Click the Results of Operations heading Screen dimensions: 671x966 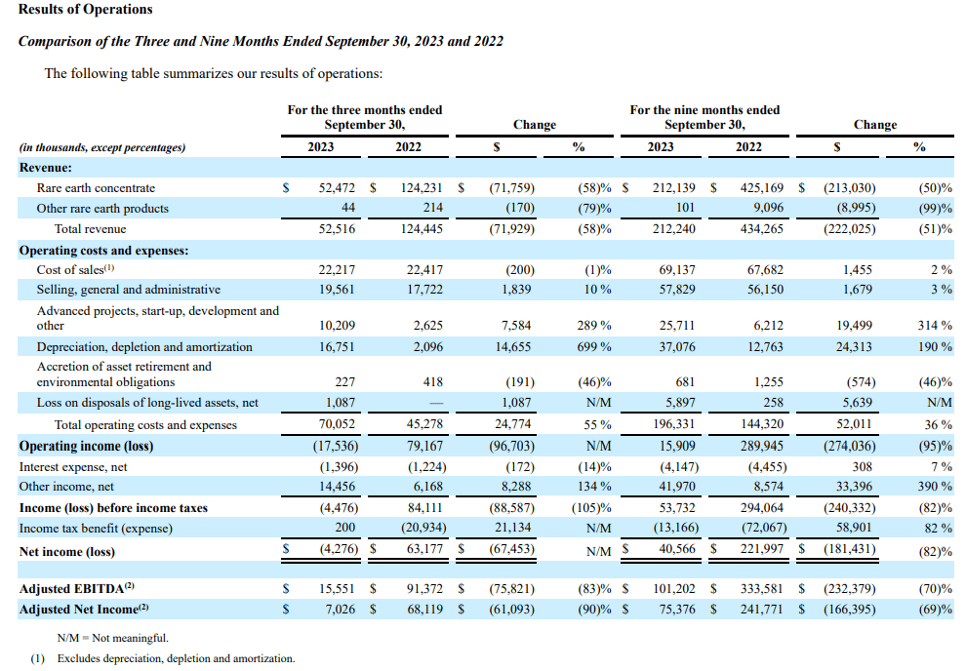point(86,10)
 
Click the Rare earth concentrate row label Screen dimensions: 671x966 point(96,187)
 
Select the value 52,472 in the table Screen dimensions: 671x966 point(335,187)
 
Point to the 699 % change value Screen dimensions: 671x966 point(593,347)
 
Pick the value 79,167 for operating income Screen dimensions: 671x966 point(425,447)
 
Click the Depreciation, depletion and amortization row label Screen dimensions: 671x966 point(144,347)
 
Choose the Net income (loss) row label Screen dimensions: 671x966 point(66,552)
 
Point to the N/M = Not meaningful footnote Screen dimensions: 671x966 point(105,638)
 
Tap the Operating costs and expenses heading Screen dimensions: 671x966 point(103,250)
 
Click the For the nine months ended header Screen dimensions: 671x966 point(704,110)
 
